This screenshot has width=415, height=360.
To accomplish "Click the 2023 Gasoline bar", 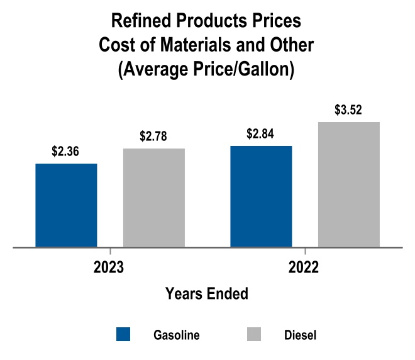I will click(66, 205).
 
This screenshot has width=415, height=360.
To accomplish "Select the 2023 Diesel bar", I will click(154, 198).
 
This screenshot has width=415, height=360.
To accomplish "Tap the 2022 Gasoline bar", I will click(261, 196).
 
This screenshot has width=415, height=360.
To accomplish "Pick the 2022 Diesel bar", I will click(349, 184).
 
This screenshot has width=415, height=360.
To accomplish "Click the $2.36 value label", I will click(65, 152).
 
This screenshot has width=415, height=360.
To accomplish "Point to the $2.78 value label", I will click(154, 137).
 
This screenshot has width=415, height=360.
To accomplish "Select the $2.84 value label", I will click(260, 134).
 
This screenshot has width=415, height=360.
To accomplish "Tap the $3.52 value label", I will click(349, 110).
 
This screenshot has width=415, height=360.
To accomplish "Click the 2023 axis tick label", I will click(109, 267).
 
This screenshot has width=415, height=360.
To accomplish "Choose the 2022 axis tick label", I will click(304, 267).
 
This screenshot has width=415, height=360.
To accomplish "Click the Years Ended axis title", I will click(206, 293).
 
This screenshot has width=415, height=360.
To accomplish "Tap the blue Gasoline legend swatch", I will click(124, 334).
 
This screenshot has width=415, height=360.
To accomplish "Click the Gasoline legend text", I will click(177, 335).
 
